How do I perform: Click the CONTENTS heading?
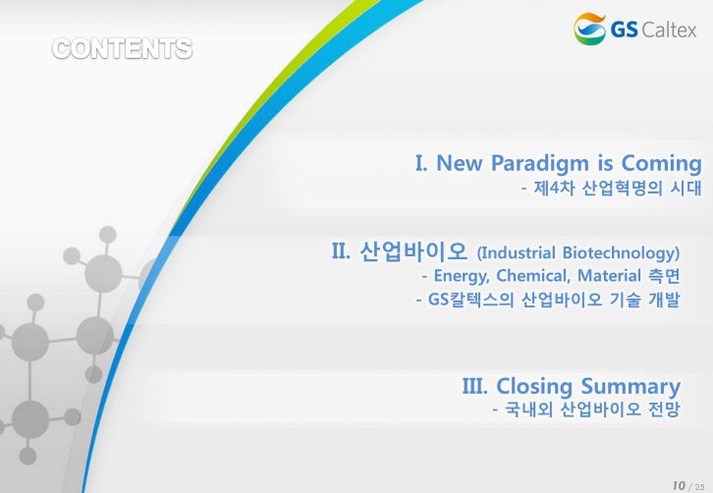123,49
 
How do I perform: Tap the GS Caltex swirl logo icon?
590,28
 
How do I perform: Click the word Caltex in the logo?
669,30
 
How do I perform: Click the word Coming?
662,163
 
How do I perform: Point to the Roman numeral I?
421,163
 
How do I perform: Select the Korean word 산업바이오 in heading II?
413,250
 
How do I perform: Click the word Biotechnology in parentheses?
621,252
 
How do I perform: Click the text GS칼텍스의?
471,300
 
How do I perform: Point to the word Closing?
534,387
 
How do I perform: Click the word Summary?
631,387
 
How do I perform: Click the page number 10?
679,486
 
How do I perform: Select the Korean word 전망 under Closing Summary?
664,410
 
